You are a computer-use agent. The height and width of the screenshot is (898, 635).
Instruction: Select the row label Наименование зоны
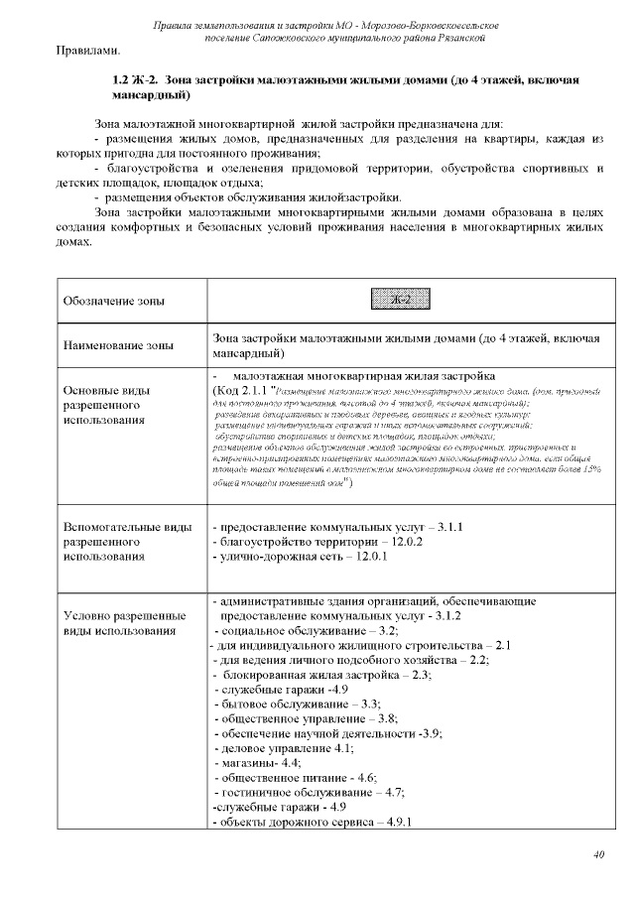click(x=117, y=345)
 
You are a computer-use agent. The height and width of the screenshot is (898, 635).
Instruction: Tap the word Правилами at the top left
click(x=88, y=50)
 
